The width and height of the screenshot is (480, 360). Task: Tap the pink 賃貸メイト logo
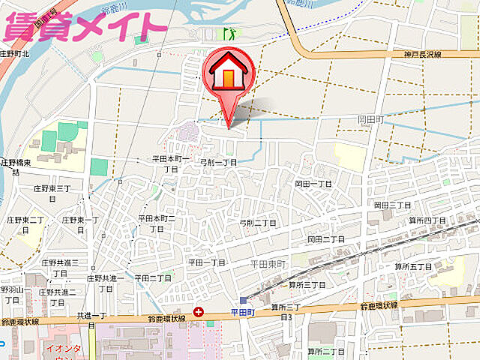coord(84,26)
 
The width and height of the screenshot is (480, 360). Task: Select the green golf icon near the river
coord(227,33)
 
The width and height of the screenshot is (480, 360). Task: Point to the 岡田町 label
coord(370,118)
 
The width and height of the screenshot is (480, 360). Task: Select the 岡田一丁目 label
coord(313,183)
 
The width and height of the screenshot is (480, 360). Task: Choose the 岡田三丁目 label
coord(392,205)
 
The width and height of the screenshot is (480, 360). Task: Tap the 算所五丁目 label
coord(413,266)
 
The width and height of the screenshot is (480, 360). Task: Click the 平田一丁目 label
coord(207,262)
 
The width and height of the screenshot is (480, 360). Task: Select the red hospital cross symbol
coord(198,311)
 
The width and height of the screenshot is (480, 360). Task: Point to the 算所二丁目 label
coord(325,351)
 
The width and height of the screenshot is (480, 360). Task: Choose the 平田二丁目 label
coord(154,277)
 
